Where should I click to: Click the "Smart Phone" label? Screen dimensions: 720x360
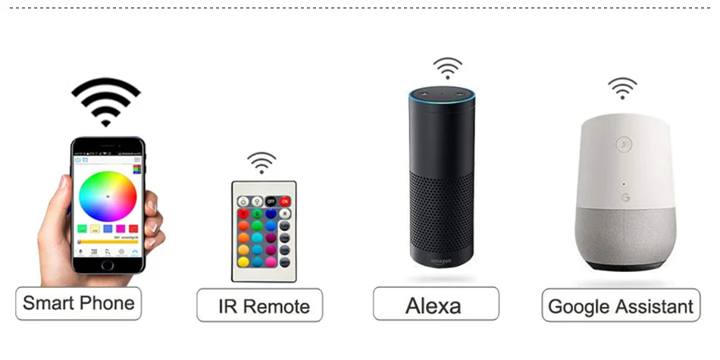pyautogui.click(x=78, y=303)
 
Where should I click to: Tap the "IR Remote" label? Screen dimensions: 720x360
pyautogui.click(x=259, y=305)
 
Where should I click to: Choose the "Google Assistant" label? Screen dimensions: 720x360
pyautogui.click(x=620, y=306)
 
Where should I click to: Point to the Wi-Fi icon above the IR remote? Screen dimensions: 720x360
pyautogui.click(x=261, y=162)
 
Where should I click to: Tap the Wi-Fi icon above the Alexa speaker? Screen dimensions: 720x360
pyautogui.click(x=447, y=67)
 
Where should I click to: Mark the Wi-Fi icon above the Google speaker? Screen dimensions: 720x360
pyautogui.click(x=622, y=88)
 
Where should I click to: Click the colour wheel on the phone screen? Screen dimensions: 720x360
pyautogui.click(x=108, y=196)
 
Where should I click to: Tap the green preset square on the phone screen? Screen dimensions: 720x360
pyautogui.click(x=82, y=228)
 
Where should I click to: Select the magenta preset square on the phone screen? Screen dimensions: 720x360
pyautogui.click(x=121, y=228)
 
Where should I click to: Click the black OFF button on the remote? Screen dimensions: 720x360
pyautogui.click(x=271, y=202)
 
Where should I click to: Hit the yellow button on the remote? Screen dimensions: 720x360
pyautogui.click(x=243, y=261)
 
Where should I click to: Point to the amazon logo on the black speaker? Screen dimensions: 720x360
pyautogui.click(x=441, y=261)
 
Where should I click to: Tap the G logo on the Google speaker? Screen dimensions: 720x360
pyautogui.click(x=626, y=197)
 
